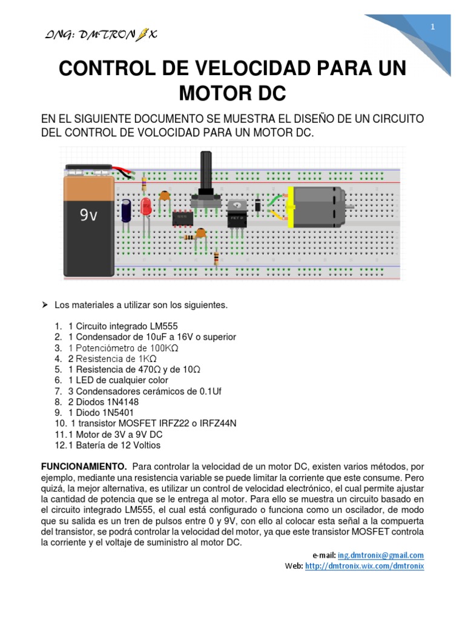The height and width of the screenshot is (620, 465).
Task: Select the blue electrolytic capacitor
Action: click(x=126, y=210)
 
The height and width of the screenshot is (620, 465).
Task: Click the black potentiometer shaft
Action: click(x=204, y=173)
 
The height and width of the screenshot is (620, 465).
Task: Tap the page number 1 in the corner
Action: click(x=433, y=27)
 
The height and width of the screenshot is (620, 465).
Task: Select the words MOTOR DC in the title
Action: click(x=232, y=94)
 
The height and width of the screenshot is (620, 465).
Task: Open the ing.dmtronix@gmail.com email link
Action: click(x=381, y=555)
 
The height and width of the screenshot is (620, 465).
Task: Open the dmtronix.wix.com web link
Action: click(x=364, y=566)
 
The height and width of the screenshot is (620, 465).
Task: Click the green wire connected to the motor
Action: click(x=275, y=202)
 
